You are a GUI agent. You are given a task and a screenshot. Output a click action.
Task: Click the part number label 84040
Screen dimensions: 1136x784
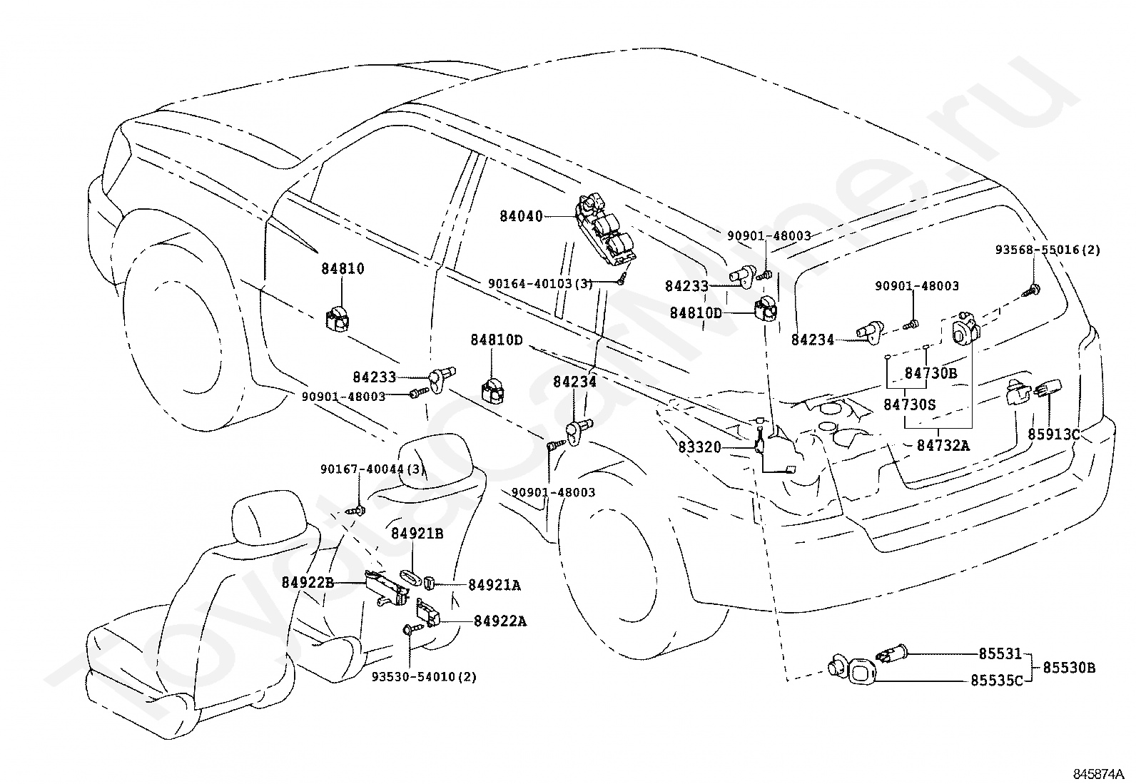point(521,217)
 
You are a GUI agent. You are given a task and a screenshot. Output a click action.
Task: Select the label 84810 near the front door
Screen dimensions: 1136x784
point(343,269)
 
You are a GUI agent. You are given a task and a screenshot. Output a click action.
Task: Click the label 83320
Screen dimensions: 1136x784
point(700,447)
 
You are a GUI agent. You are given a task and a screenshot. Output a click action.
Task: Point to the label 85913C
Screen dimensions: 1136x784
point(1054,434)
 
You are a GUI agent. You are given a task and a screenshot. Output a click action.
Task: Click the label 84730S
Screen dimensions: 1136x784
point(910,404)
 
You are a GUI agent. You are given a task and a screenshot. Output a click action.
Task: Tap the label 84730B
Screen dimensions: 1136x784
point(931,373)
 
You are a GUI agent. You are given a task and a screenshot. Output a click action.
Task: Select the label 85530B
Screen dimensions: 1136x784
point(1069,668)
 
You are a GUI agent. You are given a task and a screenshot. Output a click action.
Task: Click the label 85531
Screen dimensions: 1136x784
point(1000,654)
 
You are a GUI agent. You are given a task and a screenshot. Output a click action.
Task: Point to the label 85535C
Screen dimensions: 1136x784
point(997,681)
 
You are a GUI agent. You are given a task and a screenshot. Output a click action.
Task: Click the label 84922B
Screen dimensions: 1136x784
point(308,583)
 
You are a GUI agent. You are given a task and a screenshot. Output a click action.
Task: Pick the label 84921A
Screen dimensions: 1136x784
point(495,585)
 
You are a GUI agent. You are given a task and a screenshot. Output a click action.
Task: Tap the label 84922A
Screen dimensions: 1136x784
point(500,621)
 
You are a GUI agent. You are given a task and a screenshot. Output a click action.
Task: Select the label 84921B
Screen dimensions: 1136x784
point(417,534)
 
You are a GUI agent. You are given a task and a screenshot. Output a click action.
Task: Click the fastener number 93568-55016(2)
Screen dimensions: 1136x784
point(1048,250)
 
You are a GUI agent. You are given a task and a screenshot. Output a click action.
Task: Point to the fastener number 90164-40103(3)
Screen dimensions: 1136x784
point(541,283)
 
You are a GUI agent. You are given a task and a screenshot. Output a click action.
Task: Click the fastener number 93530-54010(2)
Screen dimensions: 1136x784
point(425,677)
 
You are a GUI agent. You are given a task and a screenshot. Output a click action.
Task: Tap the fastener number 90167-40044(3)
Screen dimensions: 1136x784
point(373,469)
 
